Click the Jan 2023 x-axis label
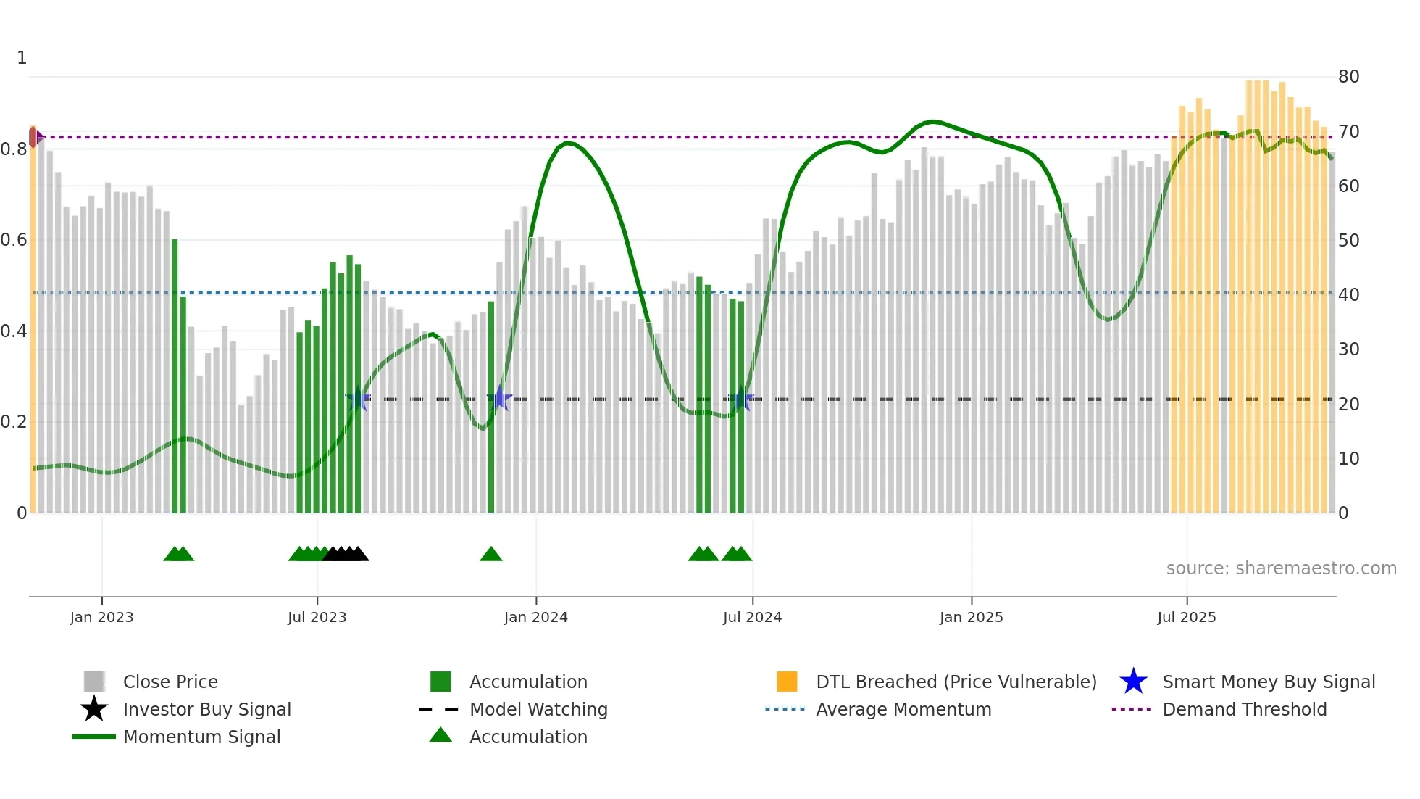[101, 617]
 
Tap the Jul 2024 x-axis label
[752, 617]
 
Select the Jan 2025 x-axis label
[971, 617]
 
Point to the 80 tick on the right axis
[1348, 77]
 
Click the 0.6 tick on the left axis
[14, 240]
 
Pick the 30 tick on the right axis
[1348, 349]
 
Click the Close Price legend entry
[170, 682]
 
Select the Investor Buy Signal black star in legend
[94, 709]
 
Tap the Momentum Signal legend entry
[201, 737]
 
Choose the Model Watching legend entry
[538, 709]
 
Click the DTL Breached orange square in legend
[787, 682]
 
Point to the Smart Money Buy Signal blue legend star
[1133, 682]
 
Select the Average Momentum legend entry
[903, 709]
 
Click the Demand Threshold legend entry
[1244, 709]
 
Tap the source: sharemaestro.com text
[1281, 568]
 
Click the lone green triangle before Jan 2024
[491, 555]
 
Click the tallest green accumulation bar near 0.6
[175, 363]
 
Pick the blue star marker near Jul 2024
[740, 399]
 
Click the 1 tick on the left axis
[22, 58]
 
